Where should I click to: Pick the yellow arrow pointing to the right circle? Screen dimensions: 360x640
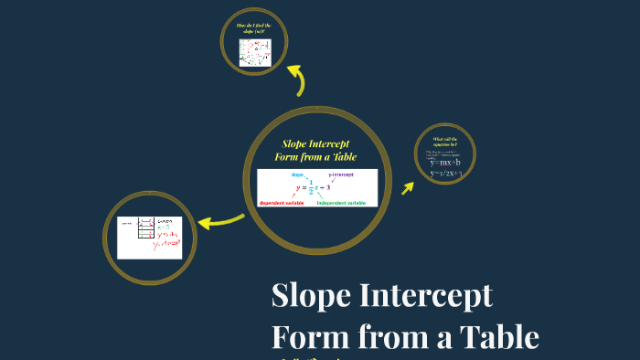tap(406, 186)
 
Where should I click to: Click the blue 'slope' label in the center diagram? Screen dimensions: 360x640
tap(297, 175)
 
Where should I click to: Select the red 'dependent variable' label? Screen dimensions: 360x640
tap(283, 202)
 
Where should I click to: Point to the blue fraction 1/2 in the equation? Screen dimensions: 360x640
tap(311, 188)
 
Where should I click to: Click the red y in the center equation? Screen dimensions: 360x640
tap(297, 188)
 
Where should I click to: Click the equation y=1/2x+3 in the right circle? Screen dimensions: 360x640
tap(447, 173)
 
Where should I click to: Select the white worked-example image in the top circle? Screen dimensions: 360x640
tap(256, 52)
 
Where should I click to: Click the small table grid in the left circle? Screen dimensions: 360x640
tap(144, 229)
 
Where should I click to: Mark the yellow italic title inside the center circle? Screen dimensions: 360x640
tap(315, 151)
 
